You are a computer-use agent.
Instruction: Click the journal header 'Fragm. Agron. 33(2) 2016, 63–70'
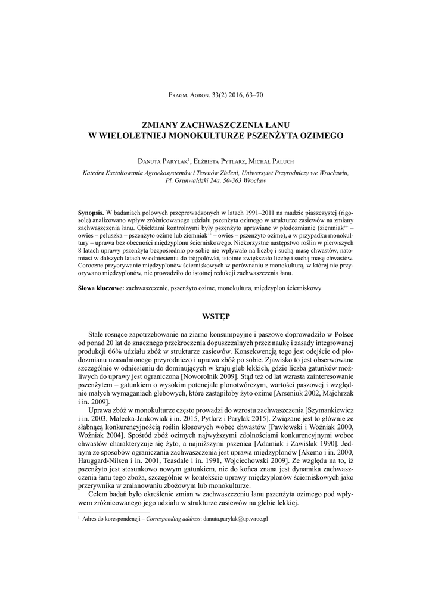pos(216,94)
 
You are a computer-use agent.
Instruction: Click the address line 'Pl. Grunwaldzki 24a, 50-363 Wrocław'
pos(216,180)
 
